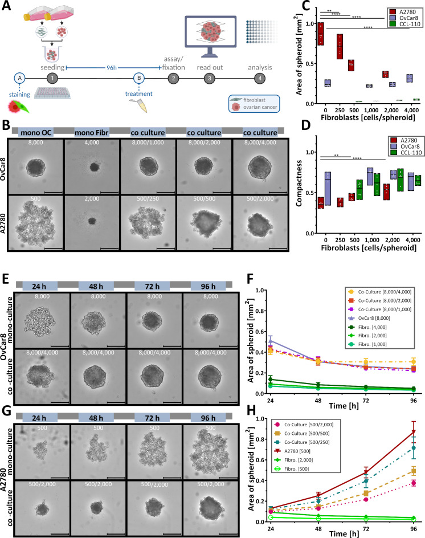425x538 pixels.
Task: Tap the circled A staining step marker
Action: [21, 78]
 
